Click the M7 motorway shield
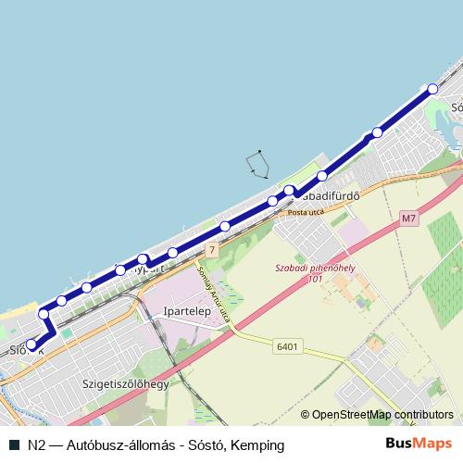pyautogui.click(x=410, y=219)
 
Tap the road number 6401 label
pyautogui.click(x=287, y=346)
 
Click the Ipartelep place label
pyautogui.click(x=188, y=312)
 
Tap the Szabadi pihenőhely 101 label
pyautogui.click(x=315, y=271)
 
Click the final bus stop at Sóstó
pyautogui.click(x=432, y=89)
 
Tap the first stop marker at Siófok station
pyautogui.click(x=31, y=344)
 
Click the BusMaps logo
pyautogui.click(x=419, y=445)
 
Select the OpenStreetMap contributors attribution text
pyautogui.click(x=382, y=415)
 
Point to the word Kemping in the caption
pyautogui.click(x=257, y=445)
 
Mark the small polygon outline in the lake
pyautogui.click(x=257, y=165)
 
